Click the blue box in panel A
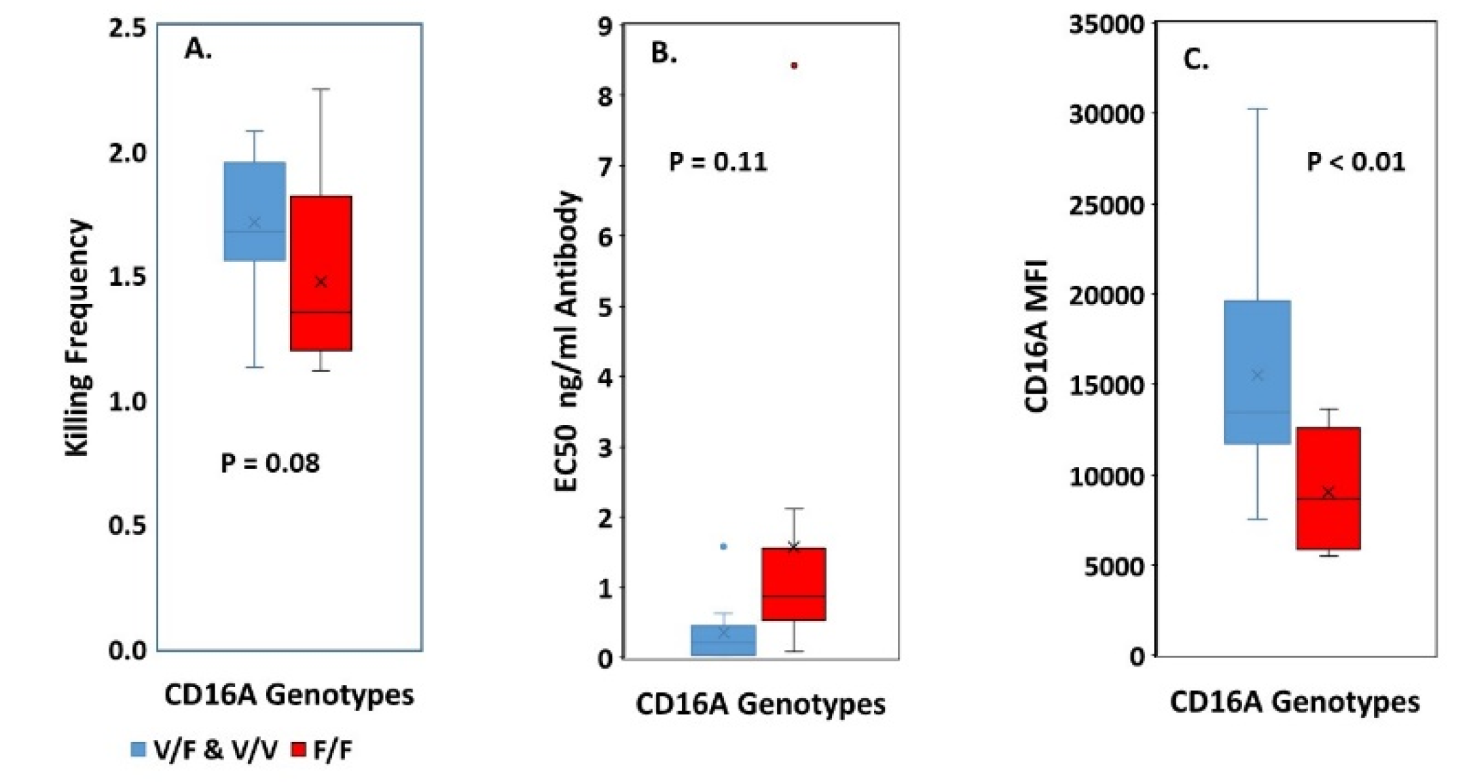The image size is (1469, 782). click(x=255, y=211)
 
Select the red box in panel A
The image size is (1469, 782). click(x=321, y=273)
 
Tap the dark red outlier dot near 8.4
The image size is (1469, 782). click(x=793, y=66)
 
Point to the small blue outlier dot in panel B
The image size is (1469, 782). click(x=723, y=546)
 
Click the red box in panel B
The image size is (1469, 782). click(x=793, y=584)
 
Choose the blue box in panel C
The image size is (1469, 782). click(x=1257, y=372)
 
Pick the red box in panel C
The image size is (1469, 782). click(x=1328, y=488)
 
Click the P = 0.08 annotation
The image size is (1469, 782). click(x=270, y=463)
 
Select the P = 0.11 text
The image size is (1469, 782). click(x=718, y=162)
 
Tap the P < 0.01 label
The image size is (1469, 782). click(x=1356, y=162)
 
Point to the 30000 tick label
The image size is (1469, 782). click(x=1106, y=114)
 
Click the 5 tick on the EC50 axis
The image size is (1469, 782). click(x=604, y=307)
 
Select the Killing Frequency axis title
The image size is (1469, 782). click(x=77, y=337)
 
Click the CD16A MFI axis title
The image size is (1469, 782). click(x=1036, y=336)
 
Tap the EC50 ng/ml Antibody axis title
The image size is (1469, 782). click(x=566, y=341)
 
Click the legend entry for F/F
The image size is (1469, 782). click(x=323, y=750)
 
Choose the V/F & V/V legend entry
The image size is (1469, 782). click(x=204, y=750)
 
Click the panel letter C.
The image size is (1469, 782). click(x=1195, y=60)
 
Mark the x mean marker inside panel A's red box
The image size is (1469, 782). click(x=321, y=281)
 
